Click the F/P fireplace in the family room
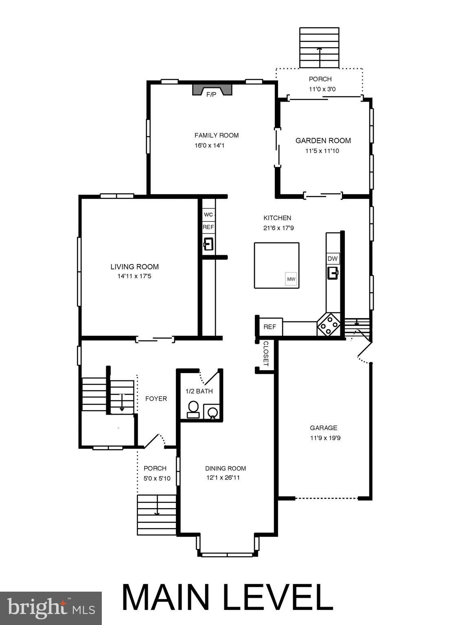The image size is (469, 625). (212, 91)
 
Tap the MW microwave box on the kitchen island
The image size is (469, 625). (291, 279)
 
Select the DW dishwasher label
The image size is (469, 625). (333, 258)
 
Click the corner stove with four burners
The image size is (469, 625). (329, 324)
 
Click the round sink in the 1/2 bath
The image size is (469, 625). (212, 413)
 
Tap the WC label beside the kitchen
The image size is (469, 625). (208, 214)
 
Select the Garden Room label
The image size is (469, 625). (323, 141)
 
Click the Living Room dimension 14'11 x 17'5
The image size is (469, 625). (134, 276)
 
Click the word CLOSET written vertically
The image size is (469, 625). (266, 354)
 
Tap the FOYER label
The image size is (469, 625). (156, 399)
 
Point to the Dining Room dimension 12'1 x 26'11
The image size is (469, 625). (223, 478)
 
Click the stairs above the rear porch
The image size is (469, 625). (319, 48)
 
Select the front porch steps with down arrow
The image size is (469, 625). (157, 515)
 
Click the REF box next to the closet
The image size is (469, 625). (270, 327)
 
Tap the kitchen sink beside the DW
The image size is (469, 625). (333, 273)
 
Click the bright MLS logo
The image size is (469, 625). (50, 608)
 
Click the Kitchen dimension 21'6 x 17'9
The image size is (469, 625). (278, 228)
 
